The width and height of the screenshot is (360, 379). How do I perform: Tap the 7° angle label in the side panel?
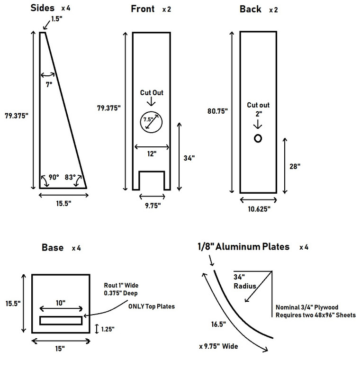coord(48,83)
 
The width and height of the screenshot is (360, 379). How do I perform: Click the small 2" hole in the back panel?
coord(258,138)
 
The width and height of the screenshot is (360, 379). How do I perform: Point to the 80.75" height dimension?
coord(218,111)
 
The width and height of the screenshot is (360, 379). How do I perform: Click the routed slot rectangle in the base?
coord(61,321)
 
